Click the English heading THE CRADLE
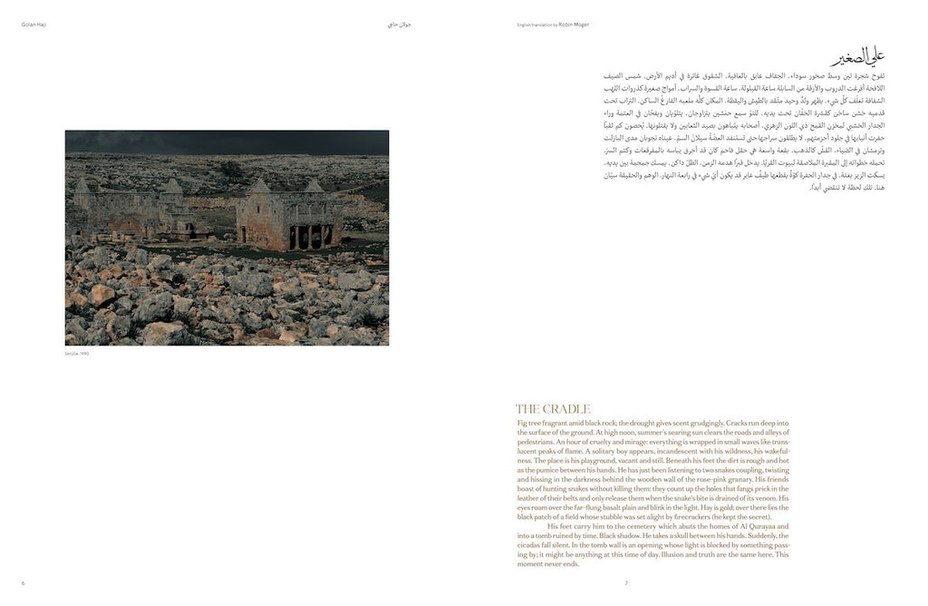(x=553, y=409)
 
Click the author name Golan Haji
(x=34, y=24)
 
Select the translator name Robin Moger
(x=575, y=24)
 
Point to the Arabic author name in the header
(x=400, y=24)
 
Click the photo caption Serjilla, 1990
(x=77, y=353)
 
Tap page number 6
(x=23, y=582)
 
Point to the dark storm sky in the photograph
(x=227, y=141)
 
